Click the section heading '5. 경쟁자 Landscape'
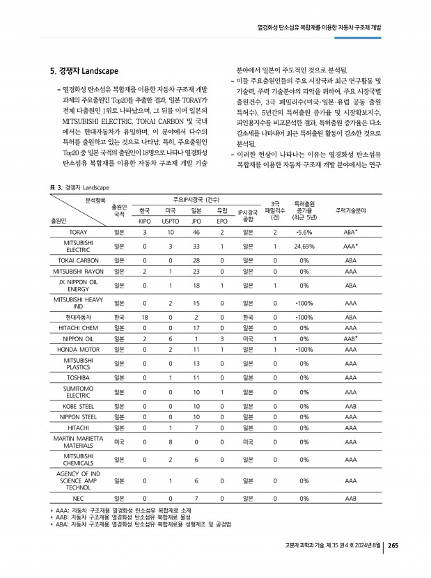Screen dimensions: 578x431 point(84,72)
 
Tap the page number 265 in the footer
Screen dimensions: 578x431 point(393,545)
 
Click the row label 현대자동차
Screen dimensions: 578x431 point(73,317)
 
